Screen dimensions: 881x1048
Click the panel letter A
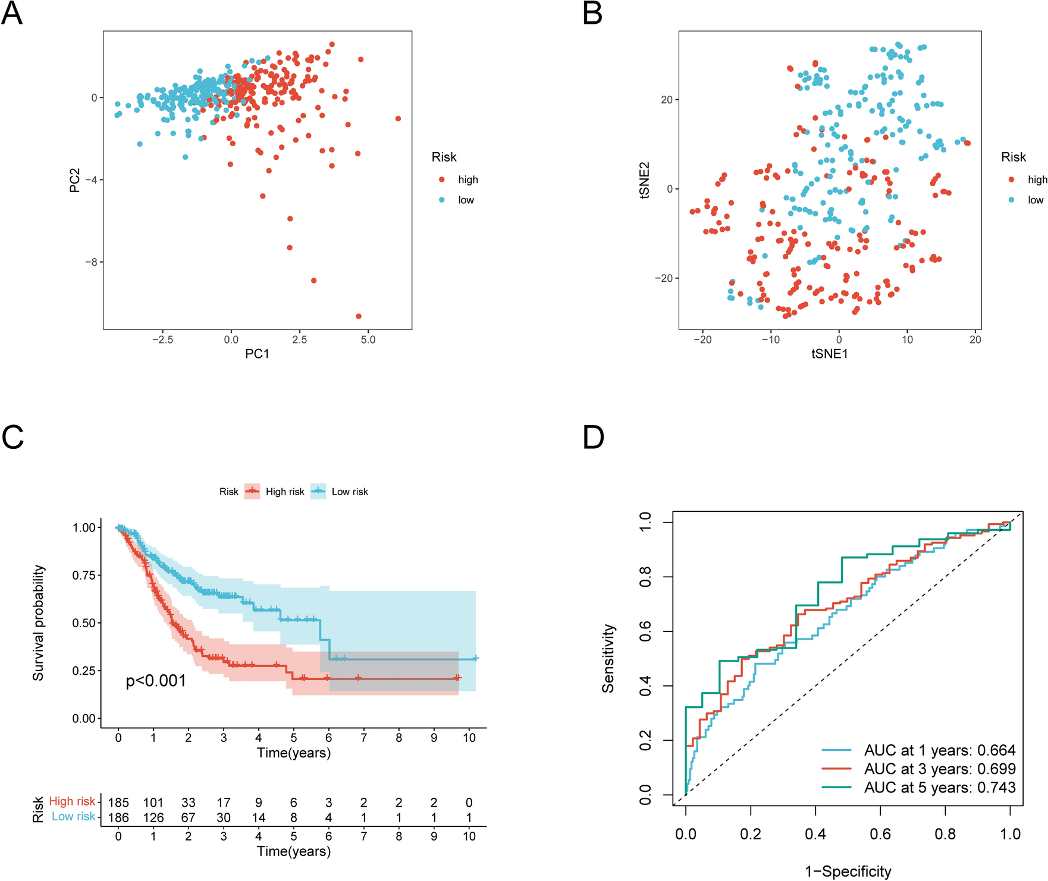click(12, 13)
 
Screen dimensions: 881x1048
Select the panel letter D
click(594, 437)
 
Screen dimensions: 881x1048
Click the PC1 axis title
click(257, 354)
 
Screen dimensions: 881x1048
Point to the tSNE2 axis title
click(644, 180)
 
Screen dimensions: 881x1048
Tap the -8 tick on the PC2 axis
click(93, 262)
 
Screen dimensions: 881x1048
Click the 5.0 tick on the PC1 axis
click(368, 339)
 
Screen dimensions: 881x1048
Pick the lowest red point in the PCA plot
click(359, 316)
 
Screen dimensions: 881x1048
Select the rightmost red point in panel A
click(398, 119)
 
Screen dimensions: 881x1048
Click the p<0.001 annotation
click(156, 681)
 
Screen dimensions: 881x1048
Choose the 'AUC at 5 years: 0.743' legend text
click(940, 787)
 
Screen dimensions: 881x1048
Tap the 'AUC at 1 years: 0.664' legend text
click(940, 750)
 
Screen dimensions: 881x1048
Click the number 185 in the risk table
click(118, 803)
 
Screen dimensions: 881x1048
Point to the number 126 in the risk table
click(153, 817)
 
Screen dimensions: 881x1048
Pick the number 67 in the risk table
click(189, 817)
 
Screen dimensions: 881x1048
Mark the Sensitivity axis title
click(608, 658)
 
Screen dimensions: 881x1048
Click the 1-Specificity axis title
click(848, 871)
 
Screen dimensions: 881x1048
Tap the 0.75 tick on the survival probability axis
click(83, 575)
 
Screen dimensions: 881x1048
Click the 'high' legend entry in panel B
click(1037, 180)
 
